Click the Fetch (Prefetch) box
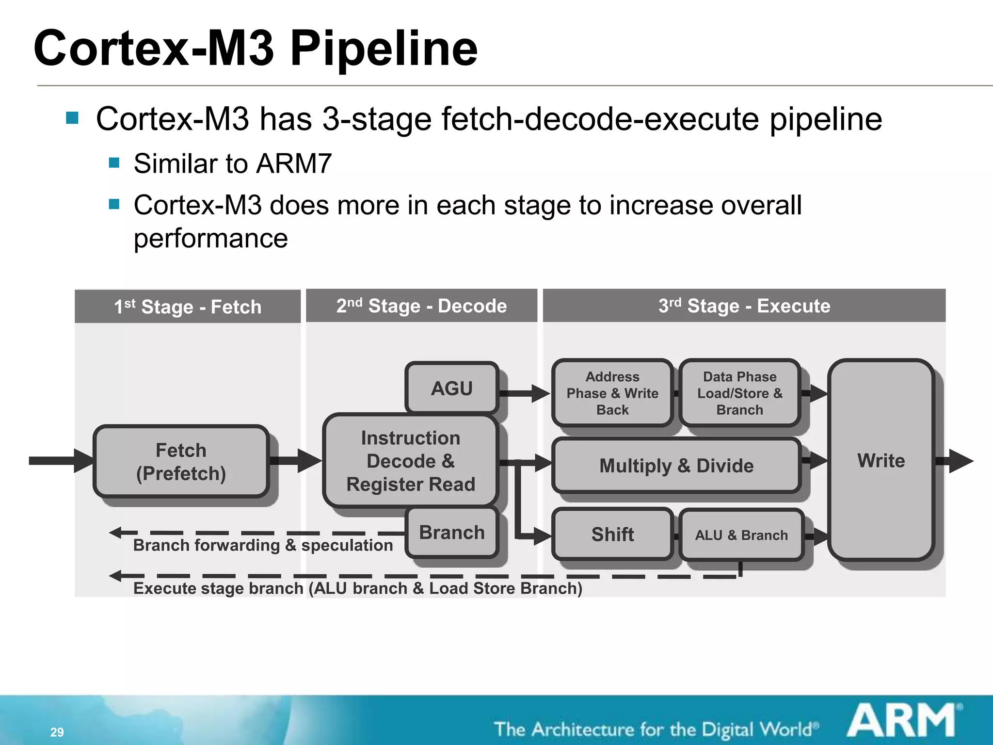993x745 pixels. coord(181,461)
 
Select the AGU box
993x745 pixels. coord(452,388)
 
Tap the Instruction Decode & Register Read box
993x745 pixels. coord(410,461)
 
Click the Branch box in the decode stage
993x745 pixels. coord(452,532)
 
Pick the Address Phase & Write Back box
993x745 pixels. coord(612,393)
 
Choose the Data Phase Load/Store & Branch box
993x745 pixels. coord(739,393)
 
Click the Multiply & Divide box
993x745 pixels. coord(676,465)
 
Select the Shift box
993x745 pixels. coord(612,534)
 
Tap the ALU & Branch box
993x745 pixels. coord(741,534)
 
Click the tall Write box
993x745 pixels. coord(881,460)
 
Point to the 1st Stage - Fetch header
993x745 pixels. coord(188,307)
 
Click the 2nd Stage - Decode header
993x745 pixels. coord(421,306)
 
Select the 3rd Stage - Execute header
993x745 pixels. coord(744,306)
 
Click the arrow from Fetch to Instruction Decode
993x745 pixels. coord(296,460)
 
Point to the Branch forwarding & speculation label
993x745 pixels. coord(263,545)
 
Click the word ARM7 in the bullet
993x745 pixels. coord(294,163)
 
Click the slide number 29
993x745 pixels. coord(57,732)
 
